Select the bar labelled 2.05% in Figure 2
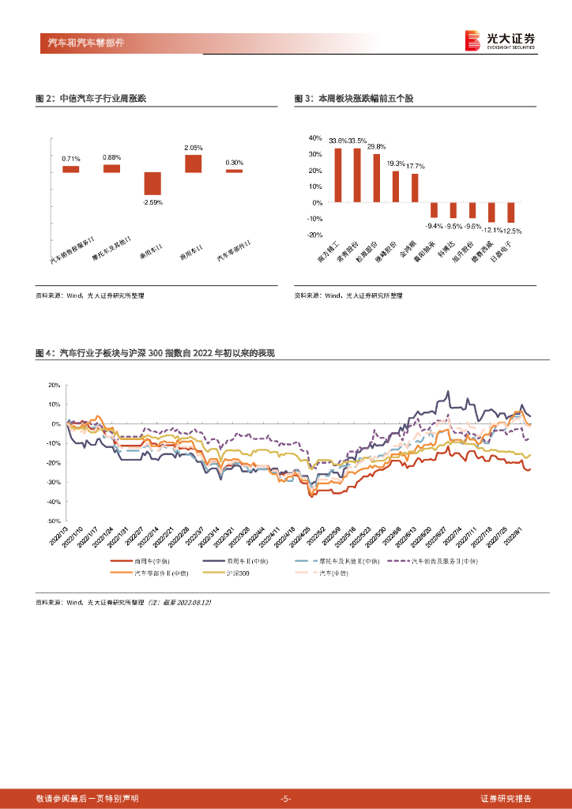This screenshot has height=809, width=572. click(193, 164)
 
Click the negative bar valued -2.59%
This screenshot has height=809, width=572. click(152, 183)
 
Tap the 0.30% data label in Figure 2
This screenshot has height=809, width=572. click(234, 163)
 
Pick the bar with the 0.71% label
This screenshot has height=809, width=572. click(71, 169)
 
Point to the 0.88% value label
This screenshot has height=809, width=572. click(111, 157)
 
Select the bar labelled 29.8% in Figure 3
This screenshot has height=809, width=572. click(376, 179)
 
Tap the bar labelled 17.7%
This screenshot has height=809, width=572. click(415, 188)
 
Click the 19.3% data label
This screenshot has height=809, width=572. click(395, 164)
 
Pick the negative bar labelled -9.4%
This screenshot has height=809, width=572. click(434, 210)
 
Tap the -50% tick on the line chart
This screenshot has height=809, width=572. click(54, 521)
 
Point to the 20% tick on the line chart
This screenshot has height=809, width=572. click(55, 386)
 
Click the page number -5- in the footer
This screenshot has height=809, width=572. click(286, 799)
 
